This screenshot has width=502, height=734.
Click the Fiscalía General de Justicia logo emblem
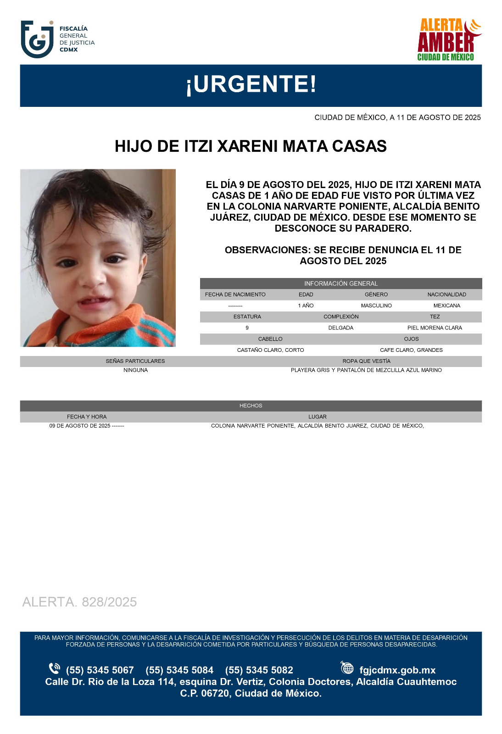pos(37,39)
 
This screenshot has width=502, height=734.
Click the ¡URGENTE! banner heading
pos(251,84)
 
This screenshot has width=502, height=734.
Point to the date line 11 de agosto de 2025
pos(397,117)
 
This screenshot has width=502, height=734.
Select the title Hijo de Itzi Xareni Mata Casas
pos(251,146)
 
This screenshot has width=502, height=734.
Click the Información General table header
pos(340,284)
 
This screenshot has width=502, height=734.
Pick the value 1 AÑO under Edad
pos(306,306)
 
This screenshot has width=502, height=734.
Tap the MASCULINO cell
pos(376,306)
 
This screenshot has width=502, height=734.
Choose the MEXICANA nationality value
pos(446,306)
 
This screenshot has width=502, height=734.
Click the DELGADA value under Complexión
pos(340,328)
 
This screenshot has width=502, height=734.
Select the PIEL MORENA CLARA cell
pos(435,328)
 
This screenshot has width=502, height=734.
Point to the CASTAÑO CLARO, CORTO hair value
pos(270,350)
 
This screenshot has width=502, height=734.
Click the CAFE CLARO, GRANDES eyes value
pos(411,350)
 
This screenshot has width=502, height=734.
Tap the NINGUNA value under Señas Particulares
pos(135,370)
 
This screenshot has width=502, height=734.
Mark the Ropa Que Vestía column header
pos(366,361)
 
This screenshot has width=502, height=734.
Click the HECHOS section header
pos(251,406)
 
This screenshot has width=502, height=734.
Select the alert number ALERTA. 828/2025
pos(79,602)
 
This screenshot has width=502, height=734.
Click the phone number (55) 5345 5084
pos(179,670)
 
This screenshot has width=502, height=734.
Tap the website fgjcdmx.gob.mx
pos(397,670)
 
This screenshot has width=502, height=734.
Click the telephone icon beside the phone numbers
pos(55,668)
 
